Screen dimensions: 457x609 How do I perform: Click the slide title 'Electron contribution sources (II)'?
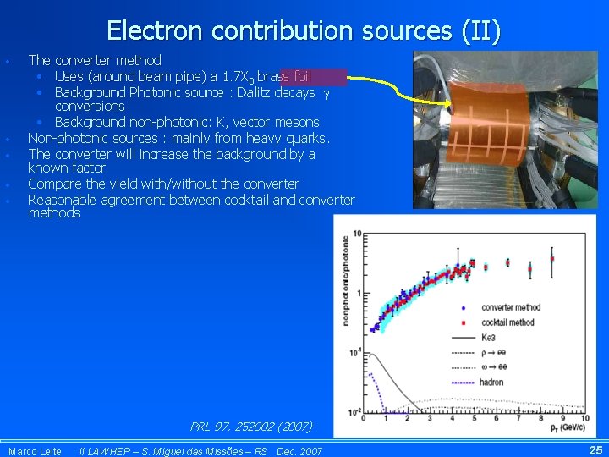coord(304,31)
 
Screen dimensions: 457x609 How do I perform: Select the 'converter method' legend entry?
coord(510,307)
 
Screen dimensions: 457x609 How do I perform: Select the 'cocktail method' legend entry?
coord(507,322)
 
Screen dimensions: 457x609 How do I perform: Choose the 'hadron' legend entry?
coord(491,383)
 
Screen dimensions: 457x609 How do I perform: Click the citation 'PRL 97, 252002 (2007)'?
coord(251,427)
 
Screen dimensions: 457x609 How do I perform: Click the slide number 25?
coord(595,450)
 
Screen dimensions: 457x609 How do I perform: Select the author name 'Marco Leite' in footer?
coord(35,452)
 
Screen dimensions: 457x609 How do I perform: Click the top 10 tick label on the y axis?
coord(358,234)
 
